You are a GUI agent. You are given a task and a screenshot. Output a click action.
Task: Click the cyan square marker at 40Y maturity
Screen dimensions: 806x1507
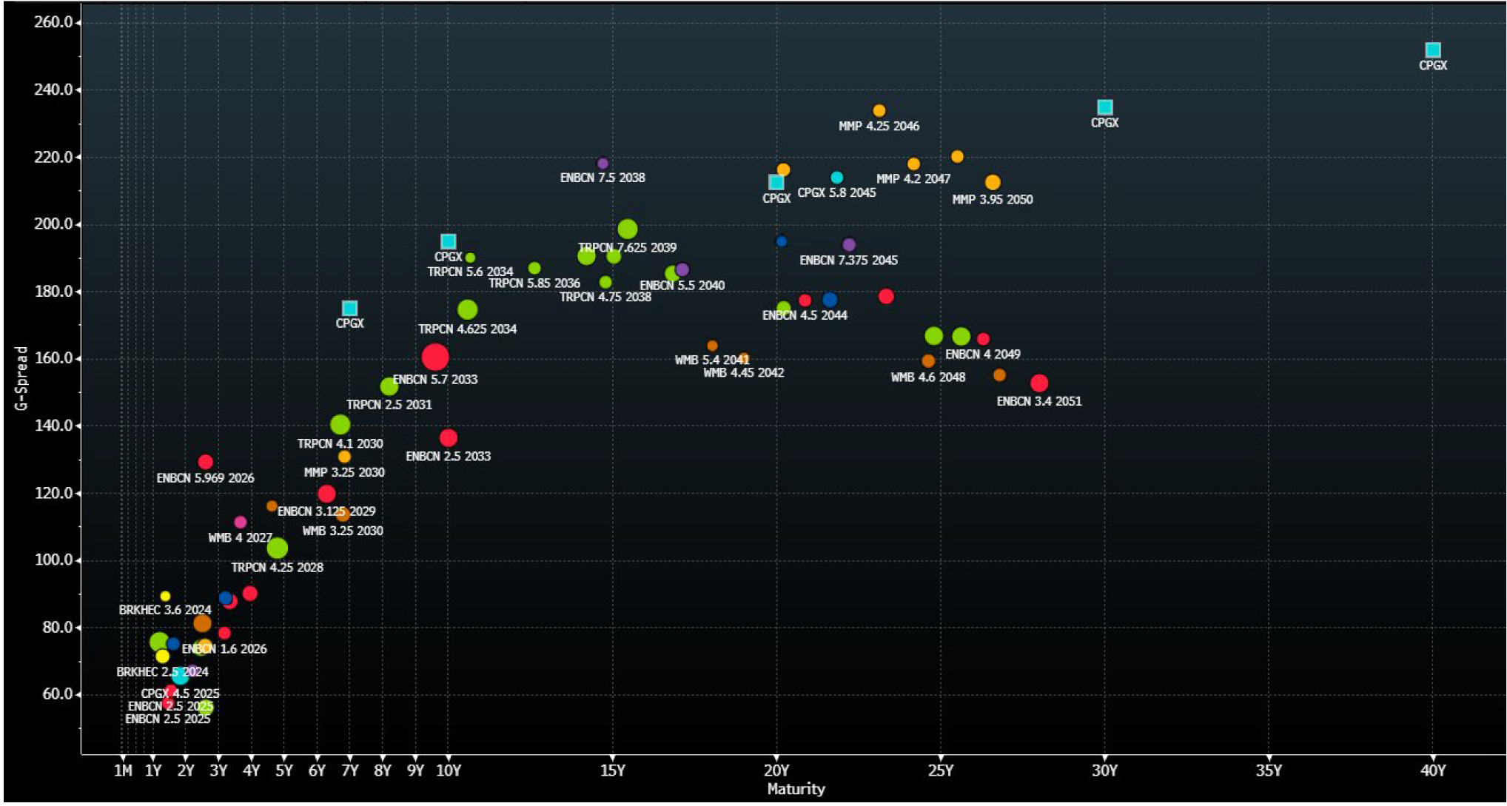click(1432, 50)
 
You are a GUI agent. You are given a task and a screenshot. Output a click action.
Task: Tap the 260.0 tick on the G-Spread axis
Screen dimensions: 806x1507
click(53, 22)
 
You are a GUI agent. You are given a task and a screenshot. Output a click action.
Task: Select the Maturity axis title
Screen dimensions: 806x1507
click(796, 789)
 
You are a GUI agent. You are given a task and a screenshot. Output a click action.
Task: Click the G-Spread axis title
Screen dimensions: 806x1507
click(21, 378)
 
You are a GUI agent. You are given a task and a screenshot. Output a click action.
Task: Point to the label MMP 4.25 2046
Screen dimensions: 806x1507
click(879, 127)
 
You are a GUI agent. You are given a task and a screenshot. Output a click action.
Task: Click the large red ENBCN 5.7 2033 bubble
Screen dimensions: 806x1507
click(435, 357)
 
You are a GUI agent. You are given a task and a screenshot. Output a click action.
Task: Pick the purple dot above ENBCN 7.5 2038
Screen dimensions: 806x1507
click(603, 164)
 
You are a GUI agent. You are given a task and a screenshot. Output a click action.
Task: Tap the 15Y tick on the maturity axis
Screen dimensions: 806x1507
click(612, 770)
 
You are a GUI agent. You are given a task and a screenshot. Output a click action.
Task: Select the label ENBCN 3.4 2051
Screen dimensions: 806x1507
click(1038, 401)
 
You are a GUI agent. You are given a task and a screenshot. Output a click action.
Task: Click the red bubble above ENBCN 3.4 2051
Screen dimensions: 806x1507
click(1038, 383)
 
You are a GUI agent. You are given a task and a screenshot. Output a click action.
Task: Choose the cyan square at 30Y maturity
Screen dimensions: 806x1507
click(1104, 107)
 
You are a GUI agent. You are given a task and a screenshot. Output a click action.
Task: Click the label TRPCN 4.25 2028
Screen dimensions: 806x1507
click(277, 568)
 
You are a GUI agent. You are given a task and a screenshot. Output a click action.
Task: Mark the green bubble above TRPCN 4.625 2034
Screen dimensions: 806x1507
click(467, 309)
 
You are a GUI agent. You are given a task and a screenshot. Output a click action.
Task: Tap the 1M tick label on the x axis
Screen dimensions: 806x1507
click(123, 770)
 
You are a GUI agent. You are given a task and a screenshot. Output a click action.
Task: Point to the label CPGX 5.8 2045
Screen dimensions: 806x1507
click(836, 192)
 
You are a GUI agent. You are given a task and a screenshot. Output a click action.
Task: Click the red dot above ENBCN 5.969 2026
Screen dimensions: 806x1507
click(206, 462)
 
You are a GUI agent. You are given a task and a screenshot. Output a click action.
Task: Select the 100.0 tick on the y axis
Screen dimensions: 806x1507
click(53, 560)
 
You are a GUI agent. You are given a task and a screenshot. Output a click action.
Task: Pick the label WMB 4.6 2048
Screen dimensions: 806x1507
click(927, 377)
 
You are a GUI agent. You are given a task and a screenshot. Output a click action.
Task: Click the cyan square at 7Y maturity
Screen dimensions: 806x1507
click(349, 308)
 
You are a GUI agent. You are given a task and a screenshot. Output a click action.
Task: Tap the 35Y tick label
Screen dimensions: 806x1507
click(1268, 770)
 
